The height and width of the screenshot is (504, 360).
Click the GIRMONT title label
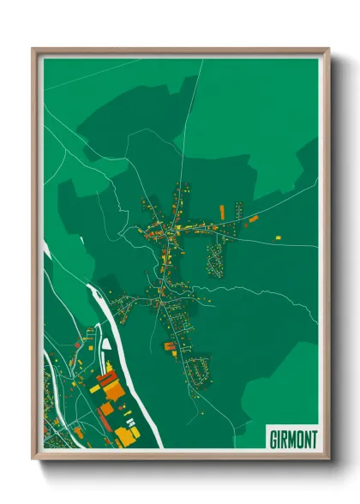coord(292,439)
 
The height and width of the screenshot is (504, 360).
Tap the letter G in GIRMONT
coord(272,439)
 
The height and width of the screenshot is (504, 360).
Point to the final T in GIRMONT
coord(314,439)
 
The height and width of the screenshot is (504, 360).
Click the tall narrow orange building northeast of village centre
coord(222,210)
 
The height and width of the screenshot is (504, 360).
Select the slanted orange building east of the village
coord(253,219)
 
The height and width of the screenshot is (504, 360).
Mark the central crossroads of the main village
coord(174,229)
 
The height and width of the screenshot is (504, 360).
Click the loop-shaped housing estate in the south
coord(201,371)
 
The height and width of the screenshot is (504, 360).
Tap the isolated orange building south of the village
coord(170,346)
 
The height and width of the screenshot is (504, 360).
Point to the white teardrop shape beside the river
coord(106,345)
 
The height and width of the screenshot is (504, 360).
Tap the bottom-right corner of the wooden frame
coord(327,458)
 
